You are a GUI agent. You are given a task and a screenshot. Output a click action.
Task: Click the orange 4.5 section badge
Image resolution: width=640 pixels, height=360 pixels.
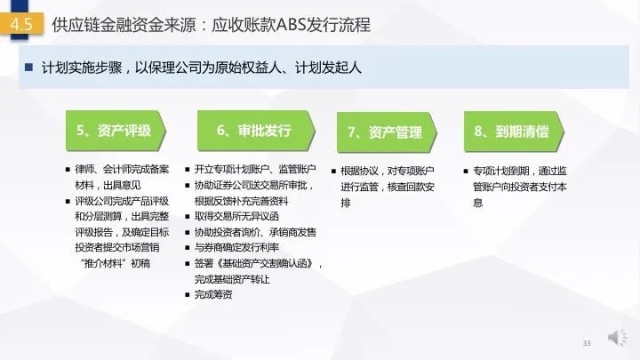(x=21, y=24)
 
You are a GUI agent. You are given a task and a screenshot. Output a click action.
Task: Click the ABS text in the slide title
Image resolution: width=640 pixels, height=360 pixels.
(x=291, y=25)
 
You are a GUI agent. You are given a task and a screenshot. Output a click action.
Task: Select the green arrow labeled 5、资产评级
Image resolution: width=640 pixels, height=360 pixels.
(x=116, y=131)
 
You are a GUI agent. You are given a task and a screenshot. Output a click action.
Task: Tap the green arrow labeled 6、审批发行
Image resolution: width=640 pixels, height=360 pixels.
(x=256, y=131)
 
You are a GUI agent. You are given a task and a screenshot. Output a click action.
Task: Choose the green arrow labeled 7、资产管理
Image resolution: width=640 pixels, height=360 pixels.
(x=387, y=132)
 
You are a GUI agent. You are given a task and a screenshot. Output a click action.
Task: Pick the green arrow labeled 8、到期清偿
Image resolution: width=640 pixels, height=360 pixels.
(x=514, y=132)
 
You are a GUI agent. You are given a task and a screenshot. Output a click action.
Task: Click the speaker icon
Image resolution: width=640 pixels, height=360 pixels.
(x=617, y=337)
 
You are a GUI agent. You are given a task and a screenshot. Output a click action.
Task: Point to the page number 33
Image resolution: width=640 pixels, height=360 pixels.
(x=587, y=343)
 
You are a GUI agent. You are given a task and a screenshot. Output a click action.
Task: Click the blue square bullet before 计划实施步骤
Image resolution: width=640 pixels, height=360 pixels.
(x=28, y=67)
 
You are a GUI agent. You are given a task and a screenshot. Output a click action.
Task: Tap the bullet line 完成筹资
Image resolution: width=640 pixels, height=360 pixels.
(x=213, y=294)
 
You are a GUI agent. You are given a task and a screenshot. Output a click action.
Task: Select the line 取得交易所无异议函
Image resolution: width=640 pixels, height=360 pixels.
(x=236, y=216)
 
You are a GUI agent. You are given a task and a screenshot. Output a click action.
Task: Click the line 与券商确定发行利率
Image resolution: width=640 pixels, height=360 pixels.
(x=236, y=247)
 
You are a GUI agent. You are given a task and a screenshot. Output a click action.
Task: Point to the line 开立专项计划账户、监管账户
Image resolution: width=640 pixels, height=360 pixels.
(x=255, y=169)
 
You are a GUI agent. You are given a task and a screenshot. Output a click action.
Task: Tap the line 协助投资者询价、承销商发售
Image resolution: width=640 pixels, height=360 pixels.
(x=255, y=232)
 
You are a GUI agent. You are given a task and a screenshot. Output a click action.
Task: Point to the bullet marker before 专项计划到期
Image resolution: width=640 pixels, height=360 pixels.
(x=466, y=171)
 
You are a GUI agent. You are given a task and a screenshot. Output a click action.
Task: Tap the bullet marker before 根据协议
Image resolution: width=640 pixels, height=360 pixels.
(x=333, y=171)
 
